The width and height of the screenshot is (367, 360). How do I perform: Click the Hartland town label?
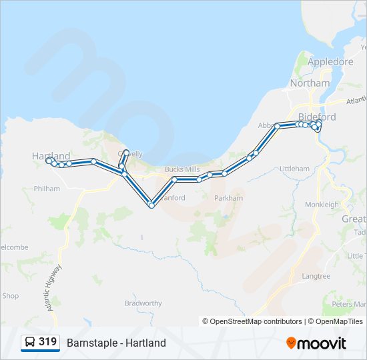pos(51,155)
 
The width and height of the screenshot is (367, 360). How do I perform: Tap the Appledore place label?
pos(330,61)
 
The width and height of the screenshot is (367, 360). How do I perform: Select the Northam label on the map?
pos(310,83)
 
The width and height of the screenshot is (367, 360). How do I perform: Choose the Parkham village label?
pos(228,198)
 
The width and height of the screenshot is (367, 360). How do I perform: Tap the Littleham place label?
pos(294,169)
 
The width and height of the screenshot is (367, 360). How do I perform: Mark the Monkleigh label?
pos(322,205)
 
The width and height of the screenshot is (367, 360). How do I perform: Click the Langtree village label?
pos(316,275)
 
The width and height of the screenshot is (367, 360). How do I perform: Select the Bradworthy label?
pos(143,303)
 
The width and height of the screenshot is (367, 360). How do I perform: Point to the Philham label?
pos(45,189)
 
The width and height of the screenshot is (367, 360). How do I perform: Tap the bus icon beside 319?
pos(30,343)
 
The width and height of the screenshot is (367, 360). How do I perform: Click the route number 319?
pos(48,342)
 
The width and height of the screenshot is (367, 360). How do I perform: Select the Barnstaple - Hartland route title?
pos(116,343)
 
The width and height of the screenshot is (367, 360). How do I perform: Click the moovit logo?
pos(316,343)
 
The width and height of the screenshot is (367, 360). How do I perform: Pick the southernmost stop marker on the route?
pos(151,205)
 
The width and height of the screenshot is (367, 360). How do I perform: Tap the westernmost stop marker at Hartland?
pos(48,161)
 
